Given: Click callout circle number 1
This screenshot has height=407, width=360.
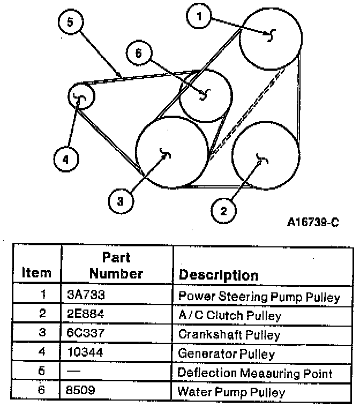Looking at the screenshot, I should (x=200, y=17).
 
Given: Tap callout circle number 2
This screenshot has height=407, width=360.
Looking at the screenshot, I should (x=224, y=210).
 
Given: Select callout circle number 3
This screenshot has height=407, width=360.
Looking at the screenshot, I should (x=121, y=201).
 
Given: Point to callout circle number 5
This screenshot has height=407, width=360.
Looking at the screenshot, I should (x=70, y=22).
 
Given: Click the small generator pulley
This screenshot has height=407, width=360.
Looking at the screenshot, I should (x=81, y=97).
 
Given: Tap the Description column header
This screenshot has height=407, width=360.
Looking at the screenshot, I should (x=218, y=275).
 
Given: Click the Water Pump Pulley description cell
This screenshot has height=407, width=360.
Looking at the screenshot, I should (x=231, y=392).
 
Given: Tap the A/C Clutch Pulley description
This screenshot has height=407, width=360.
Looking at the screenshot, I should (x=229, y=315).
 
